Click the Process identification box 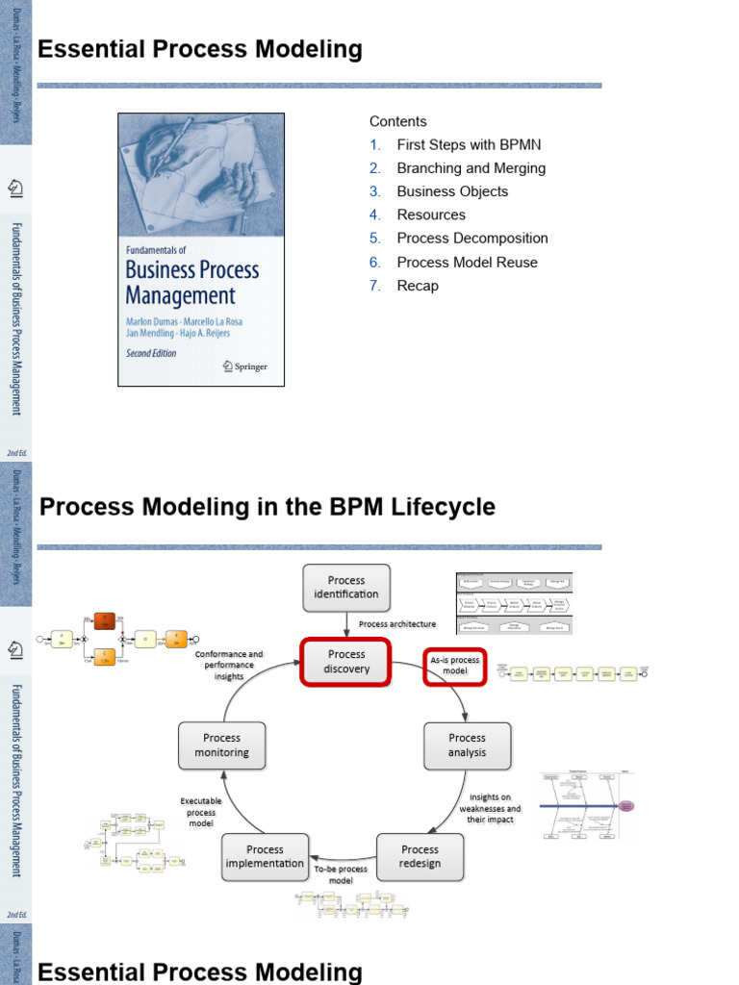tap(346, 587)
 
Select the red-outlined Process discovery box tap(346, 662)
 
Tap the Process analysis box tap(468, 745)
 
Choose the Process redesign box tap(420, 856)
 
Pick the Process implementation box tap(265, 856)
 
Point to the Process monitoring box tap(222, 745)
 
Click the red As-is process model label tap(455, 666)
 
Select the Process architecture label tap(397, 624)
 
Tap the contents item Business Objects tap(452, 191)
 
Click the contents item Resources tap(431, 215)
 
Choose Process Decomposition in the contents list tap(472, 239)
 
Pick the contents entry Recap tap(418, 286)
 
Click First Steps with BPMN tap(469, 144)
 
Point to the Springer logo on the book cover tap(245, 366)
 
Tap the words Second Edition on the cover tap(152, 354)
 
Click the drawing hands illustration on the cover tap(201, 174)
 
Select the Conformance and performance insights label tap(229, 665)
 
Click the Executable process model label tap(201, 812)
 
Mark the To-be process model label tap(341, 874)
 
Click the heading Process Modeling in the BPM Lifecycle tap(268, 507)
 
